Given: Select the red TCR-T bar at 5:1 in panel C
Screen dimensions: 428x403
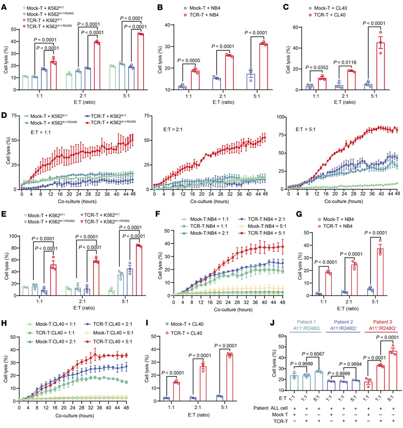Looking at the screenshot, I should pyautogui.click(x=367, y=66).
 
